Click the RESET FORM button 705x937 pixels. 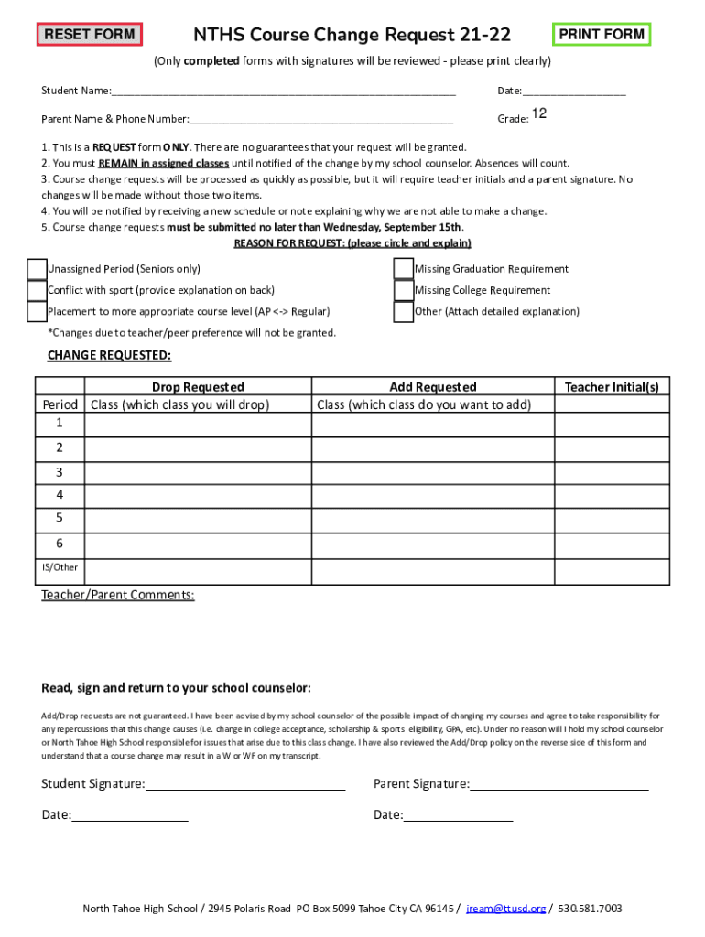(90, 35)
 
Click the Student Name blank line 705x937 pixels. (283, 92)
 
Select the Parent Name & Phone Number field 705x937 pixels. (320, 119)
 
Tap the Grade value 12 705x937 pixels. (539, 114)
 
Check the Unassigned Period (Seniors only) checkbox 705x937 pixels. (37, 269)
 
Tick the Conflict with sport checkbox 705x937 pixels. (37, 290)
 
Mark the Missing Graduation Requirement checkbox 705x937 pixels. (403, 269)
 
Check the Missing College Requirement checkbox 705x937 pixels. (403, 290)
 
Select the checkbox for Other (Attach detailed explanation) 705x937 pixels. (403, 312)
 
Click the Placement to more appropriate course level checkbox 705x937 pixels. (37, 312)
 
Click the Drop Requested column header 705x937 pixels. (198, 387)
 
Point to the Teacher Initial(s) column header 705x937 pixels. (612, 387)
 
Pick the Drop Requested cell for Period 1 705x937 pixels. (198, 424)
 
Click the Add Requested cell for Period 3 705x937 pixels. (433, 472)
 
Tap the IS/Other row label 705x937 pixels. (60, 567)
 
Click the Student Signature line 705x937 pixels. (244, 784)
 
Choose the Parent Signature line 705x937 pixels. (559, 784)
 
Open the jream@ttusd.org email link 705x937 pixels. (506, 909)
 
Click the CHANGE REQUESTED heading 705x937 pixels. (109, 355)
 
